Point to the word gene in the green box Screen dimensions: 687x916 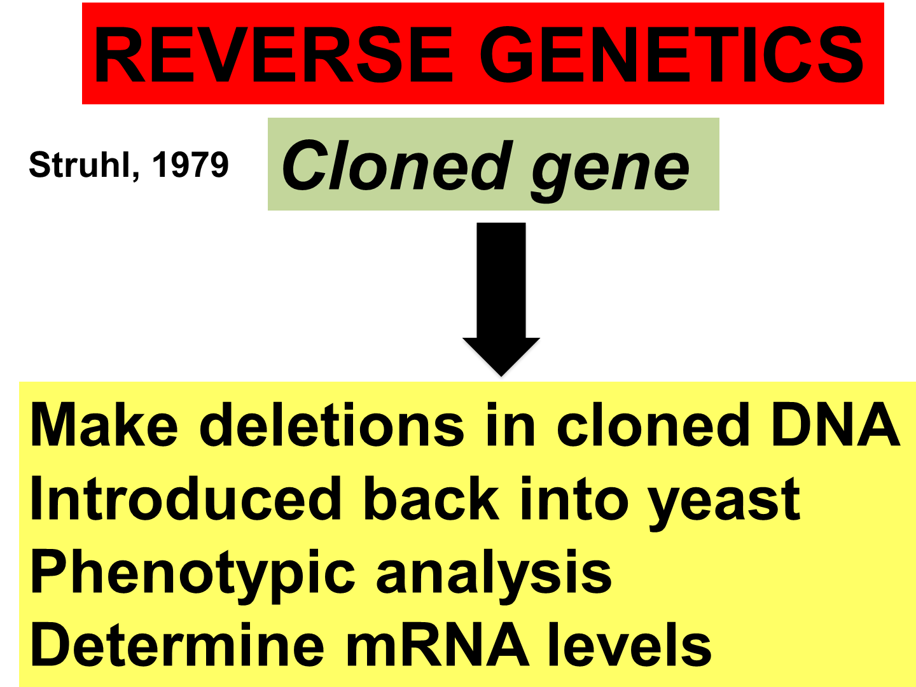(610, 169)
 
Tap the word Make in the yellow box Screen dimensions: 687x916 (104, 425)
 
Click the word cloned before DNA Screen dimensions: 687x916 (652, 425)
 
